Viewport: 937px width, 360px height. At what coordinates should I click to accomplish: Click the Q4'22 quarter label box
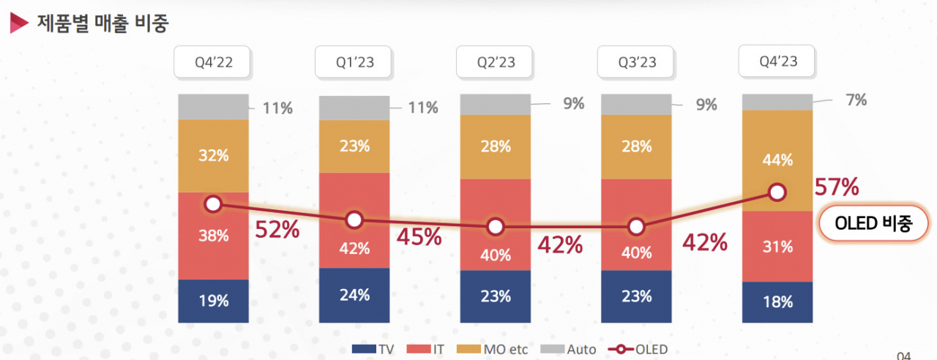tap(212, 62)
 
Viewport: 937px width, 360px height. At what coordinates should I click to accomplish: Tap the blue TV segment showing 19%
tap(213, 301)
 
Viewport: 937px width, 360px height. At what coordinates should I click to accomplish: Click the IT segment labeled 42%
tap(354, 220)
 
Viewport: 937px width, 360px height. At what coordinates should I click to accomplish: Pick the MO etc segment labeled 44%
tap(777, 160)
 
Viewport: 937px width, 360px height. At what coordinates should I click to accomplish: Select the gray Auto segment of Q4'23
tap(777, 102)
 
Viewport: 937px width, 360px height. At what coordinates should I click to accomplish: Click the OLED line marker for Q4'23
tap(777, 192)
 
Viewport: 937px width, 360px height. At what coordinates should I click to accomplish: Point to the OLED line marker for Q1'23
tap(354, 220)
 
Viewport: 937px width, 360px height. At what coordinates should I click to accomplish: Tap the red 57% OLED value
tap(837, 187)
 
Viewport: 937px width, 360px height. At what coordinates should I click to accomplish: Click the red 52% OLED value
tap(277, 230)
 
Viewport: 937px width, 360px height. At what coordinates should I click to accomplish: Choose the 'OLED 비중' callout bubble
tap(873, 223)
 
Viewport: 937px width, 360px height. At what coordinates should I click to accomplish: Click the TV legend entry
tap(373, 349)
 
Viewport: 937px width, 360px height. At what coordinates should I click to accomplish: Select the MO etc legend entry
tap(492, 349)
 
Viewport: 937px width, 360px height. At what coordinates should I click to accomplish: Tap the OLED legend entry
tap(638, 349)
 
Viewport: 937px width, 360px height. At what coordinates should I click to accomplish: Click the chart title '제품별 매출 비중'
tap(103, 23)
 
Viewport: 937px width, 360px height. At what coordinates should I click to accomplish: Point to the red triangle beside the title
tap(18, 23)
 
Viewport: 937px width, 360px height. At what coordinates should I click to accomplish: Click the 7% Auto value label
tap(856, 100)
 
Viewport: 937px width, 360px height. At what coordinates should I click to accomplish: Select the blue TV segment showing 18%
tap(777, 302)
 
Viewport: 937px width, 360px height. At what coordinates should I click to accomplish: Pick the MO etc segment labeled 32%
tap(213, 156)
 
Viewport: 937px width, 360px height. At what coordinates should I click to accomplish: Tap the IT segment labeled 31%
tap(777, 247)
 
